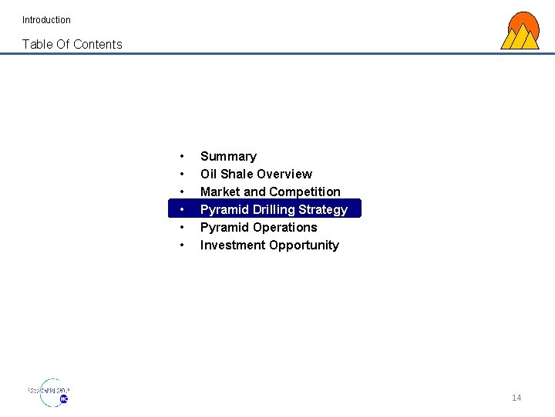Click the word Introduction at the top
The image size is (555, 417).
pyautogui.click(x=46, y=20)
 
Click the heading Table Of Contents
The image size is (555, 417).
pyautogui.click(x=72, y=44)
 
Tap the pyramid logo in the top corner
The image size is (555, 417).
pyautogui.click(x=520, y=32)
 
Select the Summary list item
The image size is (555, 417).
pyautogui.click(x=228, y=156)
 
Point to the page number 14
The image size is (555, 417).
pyautogui.click(x=516, y=398)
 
